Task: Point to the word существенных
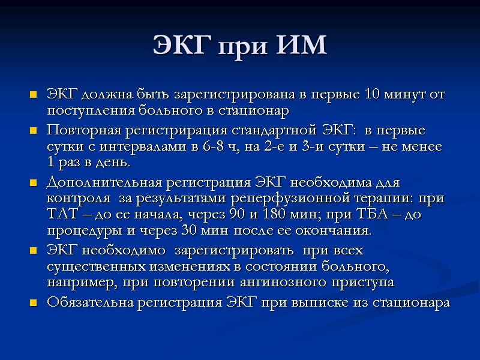(89, 266)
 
